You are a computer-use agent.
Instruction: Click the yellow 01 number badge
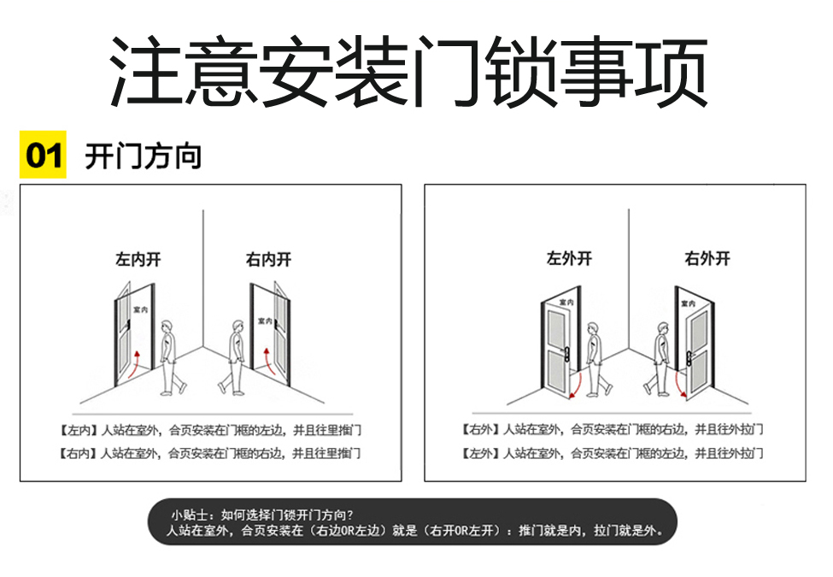click(43, 155)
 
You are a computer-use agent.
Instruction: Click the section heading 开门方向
click(144, 156)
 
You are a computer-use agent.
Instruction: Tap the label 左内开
click(138, 259)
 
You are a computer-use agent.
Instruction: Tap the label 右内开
click(268, 259)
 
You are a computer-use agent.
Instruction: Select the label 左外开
click(570, 258)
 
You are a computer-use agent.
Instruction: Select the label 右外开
click(707, 258)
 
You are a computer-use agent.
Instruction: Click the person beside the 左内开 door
click(172, 357)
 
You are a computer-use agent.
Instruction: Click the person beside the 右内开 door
click(232, 357)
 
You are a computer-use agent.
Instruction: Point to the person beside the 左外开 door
click(598, 359)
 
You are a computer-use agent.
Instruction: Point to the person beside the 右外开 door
click(658, 359)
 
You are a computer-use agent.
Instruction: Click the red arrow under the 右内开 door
click(269, 362)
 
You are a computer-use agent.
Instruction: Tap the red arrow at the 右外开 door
click(679, 386)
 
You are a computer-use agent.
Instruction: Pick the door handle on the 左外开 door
click(566, 355)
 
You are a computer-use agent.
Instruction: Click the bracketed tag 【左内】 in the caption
click(79, 430)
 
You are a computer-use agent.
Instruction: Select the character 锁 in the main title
click(522, 71)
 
